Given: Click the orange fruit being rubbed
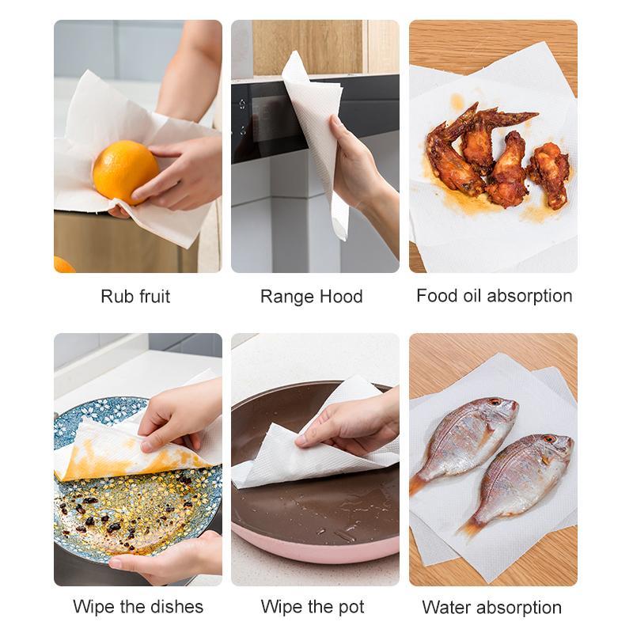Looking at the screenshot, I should coord(125,172).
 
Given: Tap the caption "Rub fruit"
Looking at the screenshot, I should coord(135,297).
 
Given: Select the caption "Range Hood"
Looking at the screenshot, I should coord(311,297).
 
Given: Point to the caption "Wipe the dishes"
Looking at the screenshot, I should coord(138,607).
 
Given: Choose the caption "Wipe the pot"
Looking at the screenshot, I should coord(313,607).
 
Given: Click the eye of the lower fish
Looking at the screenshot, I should coord(546,439).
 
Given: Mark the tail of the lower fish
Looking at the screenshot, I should coord(469,525).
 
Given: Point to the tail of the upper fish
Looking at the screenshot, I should coord(419,483).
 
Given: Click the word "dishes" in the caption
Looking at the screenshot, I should coord(175,607).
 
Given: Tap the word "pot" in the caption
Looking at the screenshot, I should coord(349,607).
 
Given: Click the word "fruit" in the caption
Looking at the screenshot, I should coord(154,297).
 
